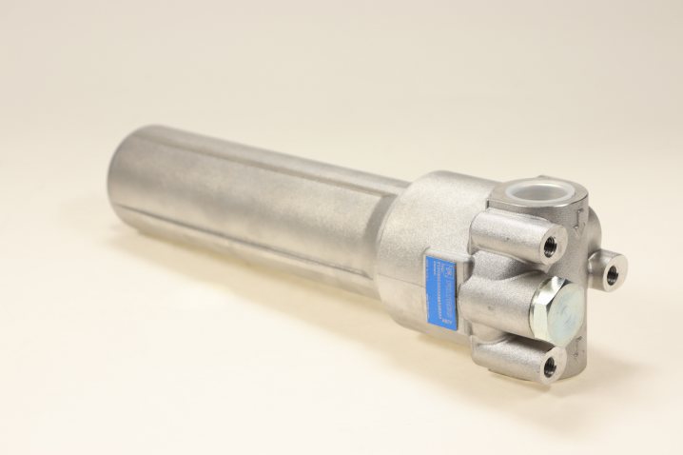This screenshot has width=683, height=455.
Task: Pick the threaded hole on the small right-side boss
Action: point(611,275)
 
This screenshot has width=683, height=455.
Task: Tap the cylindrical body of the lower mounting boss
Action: point(509,353)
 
